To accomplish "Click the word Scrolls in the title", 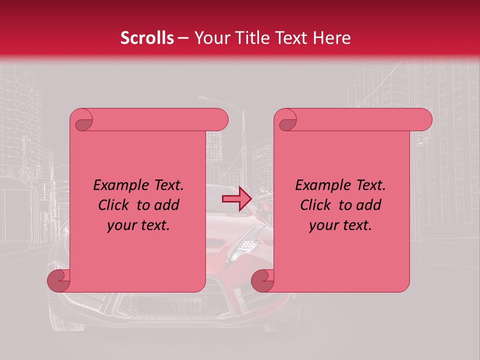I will (147, 38).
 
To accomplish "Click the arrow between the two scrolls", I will (236, 199).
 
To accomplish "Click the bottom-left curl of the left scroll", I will (58, 281).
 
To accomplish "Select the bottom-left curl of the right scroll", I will (262, 281).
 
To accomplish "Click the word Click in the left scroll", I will (114, 205).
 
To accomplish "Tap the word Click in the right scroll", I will (316, 205).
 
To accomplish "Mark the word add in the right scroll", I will (369, 205).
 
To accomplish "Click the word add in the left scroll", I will (167, 205).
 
